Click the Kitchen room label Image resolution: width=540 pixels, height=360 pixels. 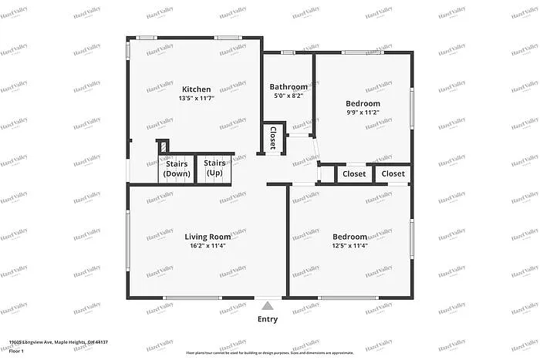click(x=196, y=89)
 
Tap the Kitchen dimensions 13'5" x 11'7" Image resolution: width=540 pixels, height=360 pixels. click(x=196, y=99)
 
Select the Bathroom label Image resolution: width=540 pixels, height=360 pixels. click(x=289, y=87)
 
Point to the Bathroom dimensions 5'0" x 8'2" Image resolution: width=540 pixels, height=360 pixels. click(x=289, y=96)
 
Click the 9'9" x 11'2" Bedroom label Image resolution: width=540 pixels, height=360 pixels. click(x=363, y=103)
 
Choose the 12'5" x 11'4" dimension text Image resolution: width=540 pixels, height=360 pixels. click(x=349, y=247)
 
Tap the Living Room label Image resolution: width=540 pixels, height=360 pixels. click(x=208, y=237)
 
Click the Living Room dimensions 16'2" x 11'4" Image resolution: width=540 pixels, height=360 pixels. click(x=208, y=247)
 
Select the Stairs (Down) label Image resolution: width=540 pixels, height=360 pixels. click(x=177, y=169)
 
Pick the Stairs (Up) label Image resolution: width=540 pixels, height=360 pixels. click(x=214, y=169)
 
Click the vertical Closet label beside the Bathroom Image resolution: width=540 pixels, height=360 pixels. click(x=272, y=138)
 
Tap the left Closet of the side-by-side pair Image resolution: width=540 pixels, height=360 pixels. click(x=354, y=174)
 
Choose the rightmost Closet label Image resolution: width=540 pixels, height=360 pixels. click(x=393, y=174)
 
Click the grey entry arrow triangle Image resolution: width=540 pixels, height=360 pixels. click(x=267, y=305)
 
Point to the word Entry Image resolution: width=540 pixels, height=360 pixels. click(x=268, y=319)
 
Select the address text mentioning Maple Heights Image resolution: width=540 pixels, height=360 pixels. click(x=59, y=341)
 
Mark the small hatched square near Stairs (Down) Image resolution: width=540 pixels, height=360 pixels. click(x=162, y=146)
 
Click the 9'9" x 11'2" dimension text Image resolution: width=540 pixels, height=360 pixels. click(x=363, y=113)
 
